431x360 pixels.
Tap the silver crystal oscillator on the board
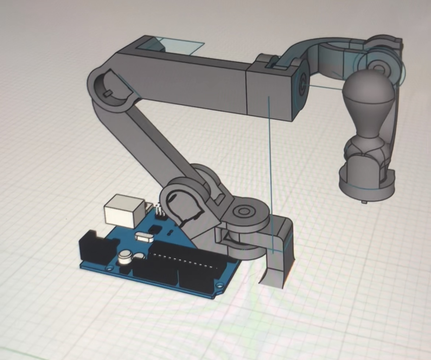[145, 237]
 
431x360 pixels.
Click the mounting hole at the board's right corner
[220, 285]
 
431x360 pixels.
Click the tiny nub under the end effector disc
[364, 202]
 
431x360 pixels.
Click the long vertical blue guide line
[271, 166]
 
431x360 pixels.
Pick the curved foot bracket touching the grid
[280, 258]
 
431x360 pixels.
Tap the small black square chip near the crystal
[155, 229]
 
